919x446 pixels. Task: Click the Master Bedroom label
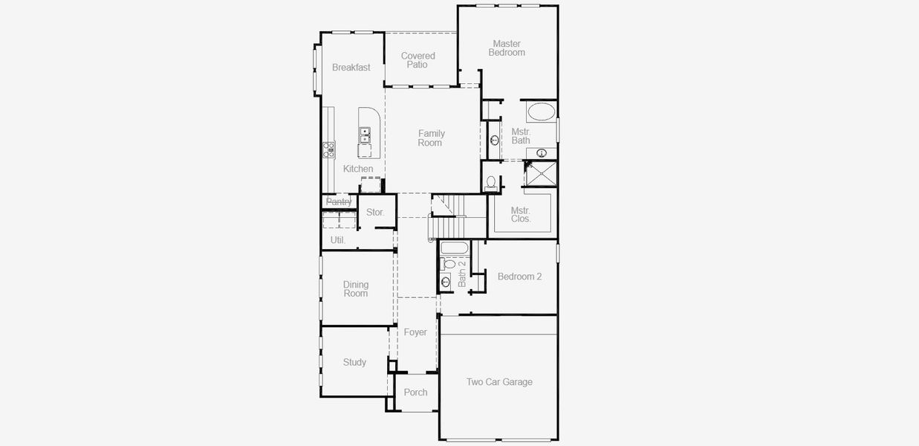(506, 48)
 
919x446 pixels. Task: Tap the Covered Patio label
(418, 60)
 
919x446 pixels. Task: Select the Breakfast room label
(351, 68)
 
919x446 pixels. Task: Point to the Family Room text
(430, 138)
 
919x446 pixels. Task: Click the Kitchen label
(357, 169)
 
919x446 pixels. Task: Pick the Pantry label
(339, 201)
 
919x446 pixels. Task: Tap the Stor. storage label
(375, 213)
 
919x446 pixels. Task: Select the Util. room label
(338, 240)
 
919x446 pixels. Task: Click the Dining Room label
(356, 289)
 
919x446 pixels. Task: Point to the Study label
(354, 363)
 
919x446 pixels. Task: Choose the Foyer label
(415, 332)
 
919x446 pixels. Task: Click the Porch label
(415, 392)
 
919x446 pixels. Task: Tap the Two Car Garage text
(499, 382)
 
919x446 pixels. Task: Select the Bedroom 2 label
(519, 277)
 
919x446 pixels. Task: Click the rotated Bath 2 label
(461, 274)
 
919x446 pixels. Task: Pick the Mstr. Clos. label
(521, 215)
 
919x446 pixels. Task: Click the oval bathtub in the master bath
(540, 112)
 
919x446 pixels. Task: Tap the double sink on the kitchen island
(365, 135)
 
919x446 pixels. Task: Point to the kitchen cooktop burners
(328, 149)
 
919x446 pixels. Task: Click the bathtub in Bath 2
(453, 248)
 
